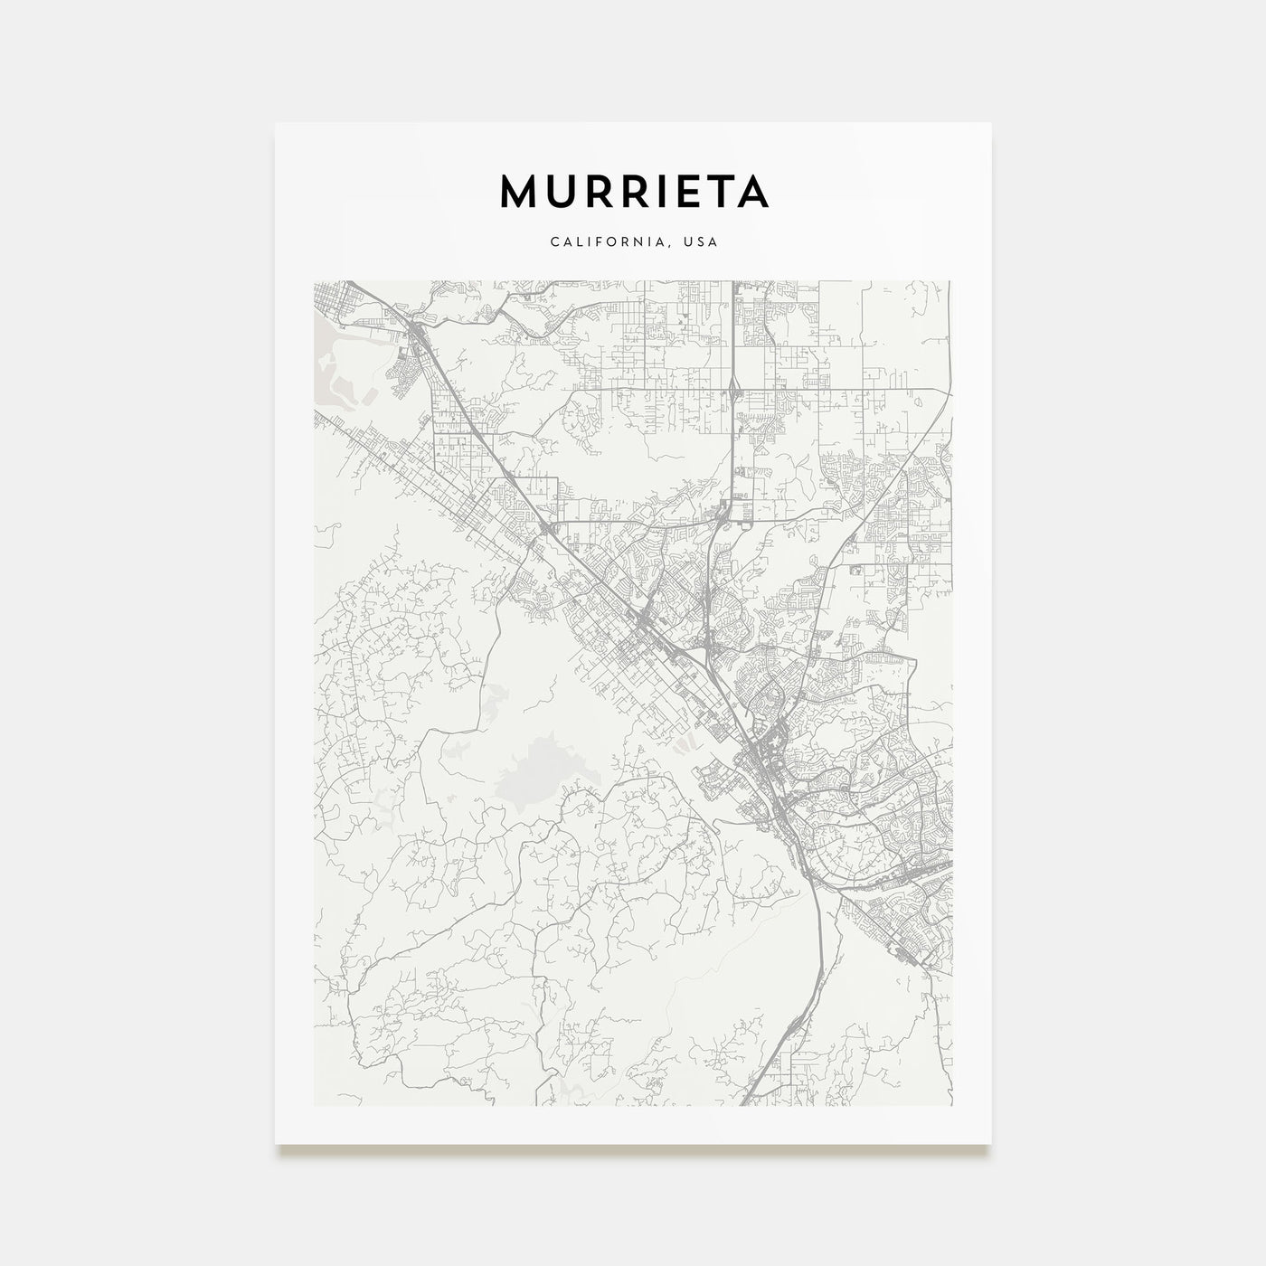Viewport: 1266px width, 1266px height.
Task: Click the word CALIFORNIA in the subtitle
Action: (600, 242)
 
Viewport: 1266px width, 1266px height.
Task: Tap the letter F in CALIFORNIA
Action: (598, 242)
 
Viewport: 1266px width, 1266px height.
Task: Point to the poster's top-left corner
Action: (276, 123)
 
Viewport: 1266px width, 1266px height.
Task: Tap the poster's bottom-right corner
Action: (991, 1144)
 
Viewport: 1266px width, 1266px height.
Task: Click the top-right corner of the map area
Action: (951, 281)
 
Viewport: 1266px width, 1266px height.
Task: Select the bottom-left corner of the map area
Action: (314, 1105)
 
